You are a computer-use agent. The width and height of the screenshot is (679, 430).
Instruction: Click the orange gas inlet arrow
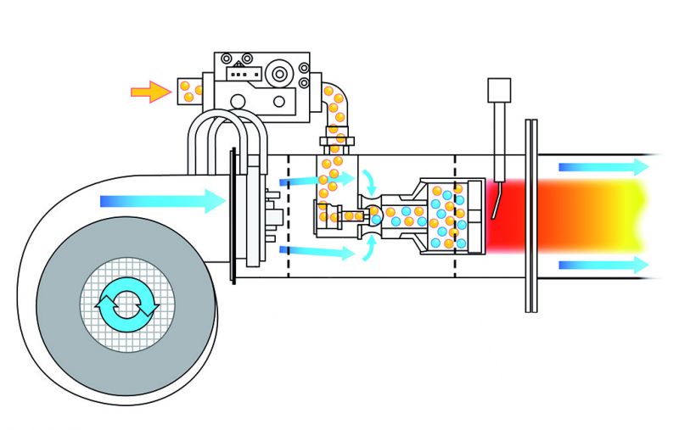tap(149, 91)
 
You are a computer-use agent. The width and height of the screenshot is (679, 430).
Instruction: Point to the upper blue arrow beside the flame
tap(603, 166)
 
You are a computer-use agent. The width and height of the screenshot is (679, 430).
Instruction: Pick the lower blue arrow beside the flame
tap(603, 265)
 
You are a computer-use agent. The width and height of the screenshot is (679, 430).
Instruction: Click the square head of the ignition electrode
tap(498, 89)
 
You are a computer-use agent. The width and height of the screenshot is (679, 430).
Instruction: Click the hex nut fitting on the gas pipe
tap(336, 137)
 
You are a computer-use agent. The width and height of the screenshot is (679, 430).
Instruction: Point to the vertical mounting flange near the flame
tap(531, 216)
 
